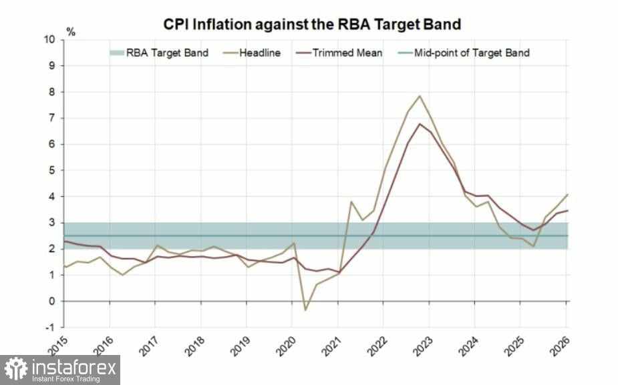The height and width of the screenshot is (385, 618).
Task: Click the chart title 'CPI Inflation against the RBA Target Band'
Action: [313, 25]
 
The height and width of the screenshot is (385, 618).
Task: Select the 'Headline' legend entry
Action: [258, 53]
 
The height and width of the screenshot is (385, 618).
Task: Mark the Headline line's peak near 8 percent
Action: [419, 95]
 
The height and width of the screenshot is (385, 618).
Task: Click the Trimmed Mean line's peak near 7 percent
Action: [419, 123]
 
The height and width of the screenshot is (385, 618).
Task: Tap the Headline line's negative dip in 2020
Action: [305, 310]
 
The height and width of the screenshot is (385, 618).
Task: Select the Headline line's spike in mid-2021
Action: [351, 202]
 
